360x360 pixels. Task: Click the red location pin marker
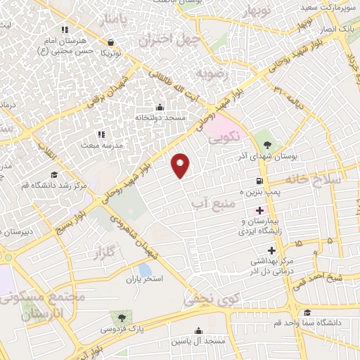[181, 165]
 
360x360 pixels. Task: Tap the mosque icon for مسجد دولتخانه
[160, 108]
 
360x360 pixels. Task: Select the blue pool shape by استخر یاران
[144, 269]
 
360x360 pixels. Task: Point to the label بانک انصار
[340, 30]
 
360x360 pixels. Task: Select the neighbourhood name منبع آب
[207, 203]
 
